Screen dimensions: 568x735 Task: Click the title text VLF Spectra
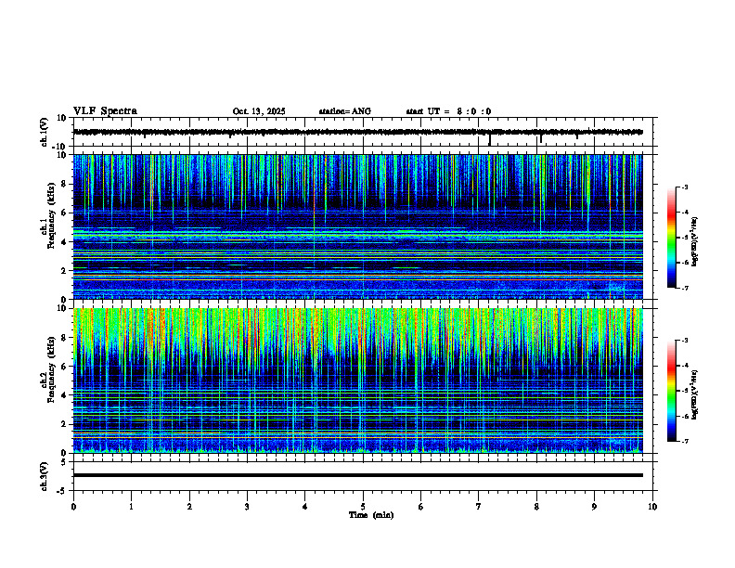tap(105, 111)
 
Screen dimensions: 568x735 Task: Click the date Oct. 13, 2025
tap(259, 111)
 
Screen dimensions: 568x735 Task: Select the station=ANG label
tap(344, 111)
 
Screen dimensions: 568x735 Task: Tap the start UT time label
tap(448, 111)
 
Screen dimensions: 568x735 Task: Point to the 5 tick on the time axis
tap(363, 507)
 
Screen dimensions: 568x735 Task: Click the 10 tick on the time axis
tap(652, 507)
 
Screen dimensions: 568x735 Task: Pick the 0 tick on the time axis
tap(73, 507)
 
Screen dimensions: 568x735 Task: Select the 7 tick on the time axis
tap(479, 507)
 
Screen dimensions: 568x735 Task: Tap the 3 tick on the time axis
tap(247, 507)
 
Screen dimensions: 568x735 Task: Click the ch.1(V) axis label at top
tap(45, 132)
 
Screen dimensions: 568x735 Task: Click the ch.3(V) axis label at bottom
tap(45, 474)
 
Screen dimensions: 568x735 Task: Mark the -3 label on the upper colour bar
tap(683, 187)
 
